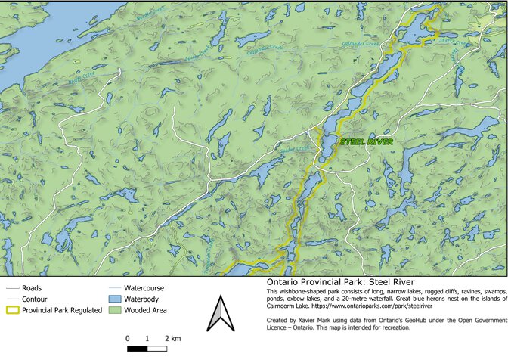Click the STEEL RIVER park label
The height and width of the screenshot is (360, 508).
click(367, 141)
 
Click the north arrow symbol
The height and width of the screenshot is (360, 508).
click(218, 314)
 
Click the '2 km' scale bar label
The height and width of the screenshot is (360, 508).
click(172, 337)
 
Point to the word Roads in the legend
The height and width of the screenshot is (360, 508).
click(32, 288)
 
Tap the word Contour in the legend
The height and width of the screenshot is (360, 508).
click(35, 299)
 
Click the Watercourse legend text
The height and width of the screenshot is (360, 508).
click(144, 288)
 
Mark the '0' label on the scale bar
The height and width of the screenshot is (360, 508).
click(129, 337)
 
